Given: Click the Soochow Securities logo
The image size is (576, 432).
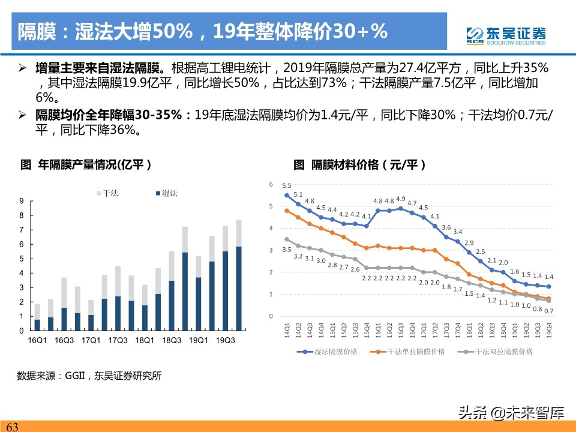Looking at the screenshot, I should (x=507, y=35).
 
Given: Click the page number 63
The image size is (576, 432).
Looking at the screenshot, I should (x=12, y=427).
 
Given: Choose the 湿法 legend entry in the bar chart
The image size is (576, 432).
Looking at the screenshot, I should (x=166, y=193).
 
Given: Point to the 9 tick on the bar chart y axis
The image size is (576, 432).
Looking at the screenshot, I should (x=22, y=201).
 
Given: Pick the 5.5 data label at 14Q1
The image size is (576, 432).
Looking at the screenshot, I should (x=287, y=186).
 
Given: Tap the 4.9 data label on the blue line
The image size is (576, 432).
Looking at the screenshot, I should (x=400, y=199).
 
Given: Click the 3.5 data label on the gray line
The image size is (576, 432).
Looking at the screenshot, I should (x=287, y=250).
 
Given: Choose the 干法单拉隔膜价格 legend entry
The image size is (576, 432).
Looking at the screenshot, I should (x=408, y=352).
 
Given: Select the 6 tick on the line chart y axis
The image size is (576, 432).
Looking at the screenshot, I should (x=271, y=184).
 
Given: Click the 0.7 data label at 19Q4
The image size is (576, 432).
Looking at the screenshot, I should (x=548, y=311).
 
